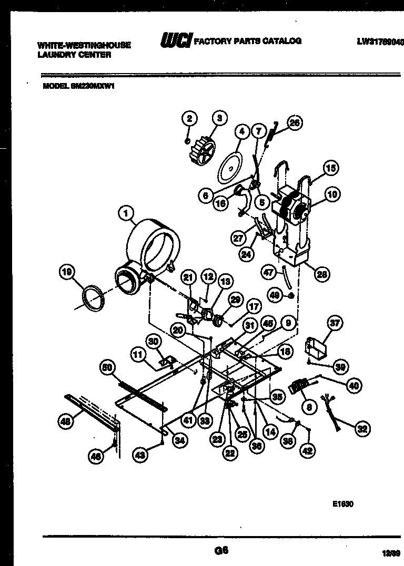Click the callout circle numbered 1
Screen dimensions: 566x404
pos(126,214)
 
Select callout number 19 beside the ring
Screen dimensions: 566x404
pos(66,272)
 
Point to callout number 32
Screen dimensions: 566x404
pos(362,429)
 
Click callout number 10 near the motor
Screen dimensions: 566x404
pos(332,195)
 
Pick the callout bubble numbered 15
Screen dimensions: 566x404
pos(330,169)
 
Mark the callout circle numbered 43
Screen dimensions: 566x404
pos(139,456)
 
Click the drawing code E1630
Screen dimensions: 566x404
pos(342,503)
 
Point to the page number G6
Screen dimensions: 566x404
pos(221,550)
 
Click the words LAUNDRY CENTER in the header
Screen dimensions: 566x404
pos(74,55)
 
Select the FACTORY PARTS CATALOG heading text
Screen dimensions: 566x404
pos(247,41)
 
